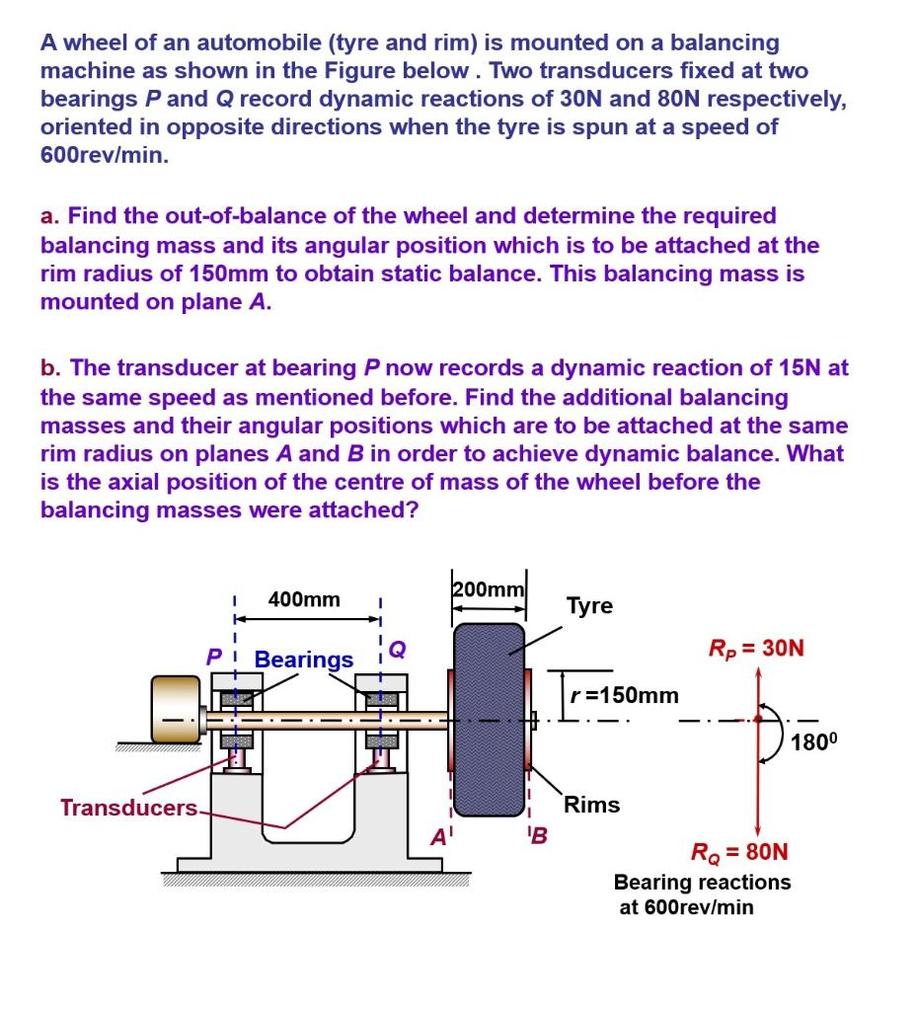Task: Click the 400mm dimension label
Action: (x=304, y=599)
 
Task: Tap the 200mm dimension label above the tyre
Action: (x=489, y=589)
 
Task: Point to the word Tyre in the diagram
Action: (x=589, y=605)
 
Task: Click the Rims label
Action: (x=591, y=805)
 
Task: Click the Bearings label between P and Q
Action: (x=304, y=659)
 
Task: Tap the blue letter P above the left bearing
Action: (x=213, y=656)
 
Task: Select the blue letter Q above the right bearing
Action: (x=397, y=648)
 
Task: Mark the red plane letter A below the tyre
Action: (x=437, y=837)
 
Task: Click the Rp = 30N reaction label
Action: (x=756, y=649)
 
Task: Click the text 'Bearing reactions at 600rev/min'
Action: (x=702, y=894)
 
